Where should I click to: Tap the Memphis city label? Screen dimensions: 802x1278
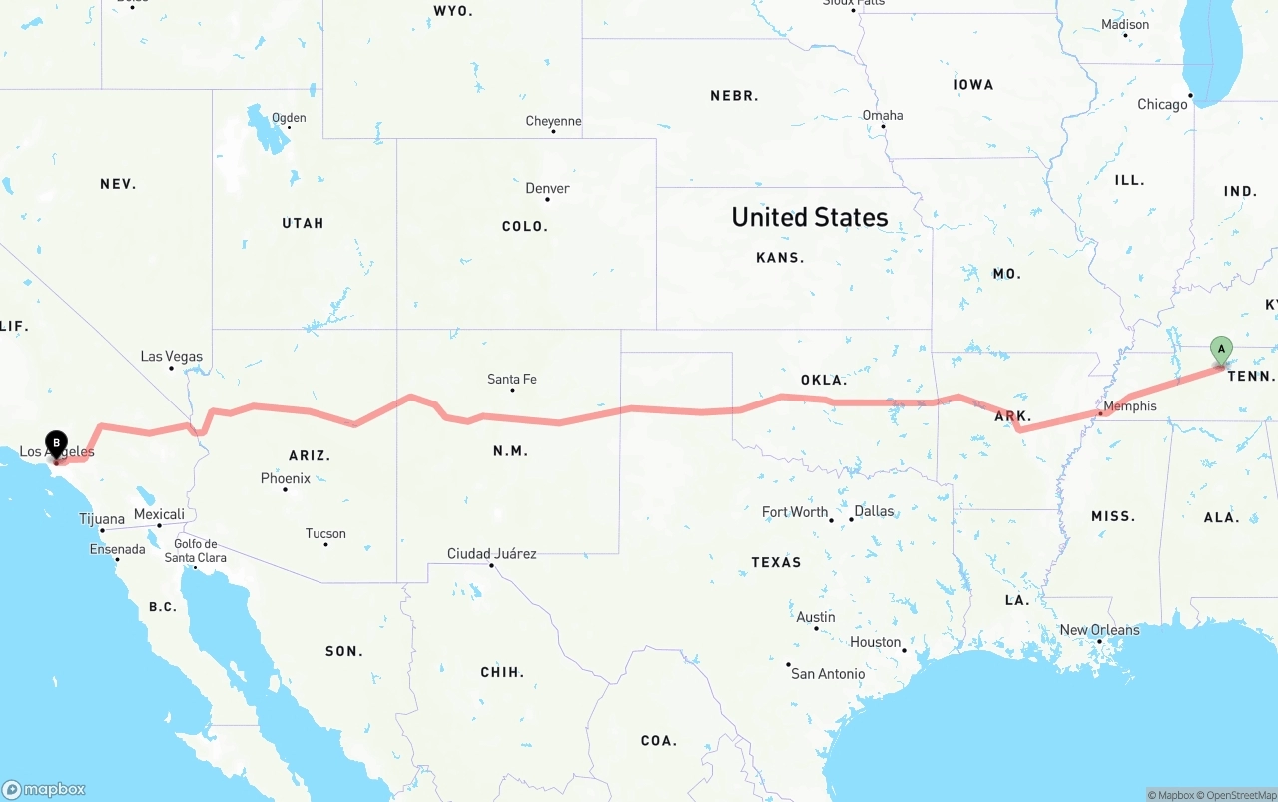pos(1129,406)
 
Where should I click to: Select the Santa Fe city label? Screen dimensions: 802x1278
pos(512,379)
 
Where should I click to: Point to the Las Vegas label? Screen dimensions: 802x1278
pos(171,356)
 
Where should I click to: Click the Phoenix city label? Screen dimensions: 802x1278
pos(285,478)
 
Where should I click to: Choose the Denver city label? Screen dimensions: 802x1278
pos(547,188)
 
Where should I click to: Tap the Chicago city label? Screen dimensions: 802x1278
pos(1162,104)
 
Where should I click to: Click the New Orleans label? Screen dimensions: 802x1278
pos(1099,630)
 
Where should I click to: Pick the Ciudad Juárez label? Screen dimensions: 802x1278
pos(491,553)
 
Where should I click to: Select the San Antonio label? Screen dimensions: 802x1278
pos(828,674)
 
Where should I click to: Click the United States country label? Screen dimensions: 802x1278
pos(809,217)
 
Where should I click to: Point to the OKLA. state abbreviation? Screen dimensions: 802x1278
pos(823,381)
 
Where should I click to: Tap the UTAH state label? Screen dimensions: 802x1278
pos(303,223)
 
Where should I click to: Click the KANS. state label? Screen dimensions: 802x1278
pos(779,258)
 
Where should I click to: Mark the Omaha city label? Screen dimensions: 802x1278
pos(883,115)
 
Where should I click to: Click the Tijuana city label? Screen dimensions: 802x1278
pos(102,519)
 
